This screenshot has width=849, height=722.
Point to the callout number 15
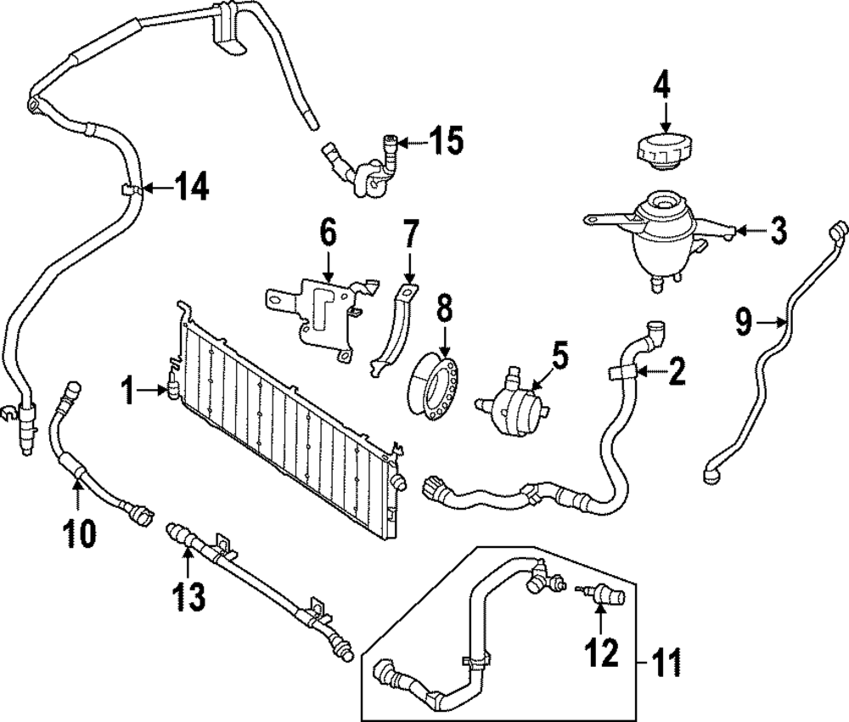(x=446, y=142)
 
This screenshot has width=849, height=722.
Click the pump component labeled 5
(x=513, y=398)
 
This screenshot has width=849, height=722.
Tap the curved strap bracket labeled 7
(x=391, y=327)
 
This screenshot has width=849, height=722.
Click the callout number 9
(x=743, y=322)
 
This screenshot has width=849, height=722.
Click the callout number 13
(x=188, y=595)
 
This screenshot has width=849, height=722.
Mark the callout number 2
(x=676, y=372)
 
